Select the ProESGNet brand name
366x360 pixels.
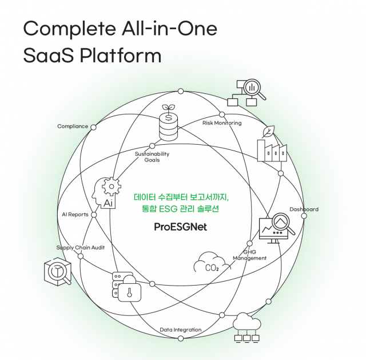[x=180, y=227]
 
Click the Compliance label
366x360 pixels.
[x=73, y=126]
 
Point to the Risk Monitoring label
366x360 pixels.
[x=222, y=123]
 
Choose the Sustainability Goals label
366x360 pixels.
[x=152, y=157]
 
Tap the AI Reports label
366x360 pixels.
[x=75, y=215]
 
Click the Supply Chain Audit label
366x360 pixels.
[x=80, y=247]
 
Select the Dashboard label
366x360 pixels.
[x=304, y=209]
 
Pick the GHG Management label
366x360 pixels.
[x=249, y=255]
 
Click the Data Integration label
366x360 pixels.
[x=180, y=330]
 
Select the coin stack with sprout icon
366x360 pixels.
[x=168, y=124]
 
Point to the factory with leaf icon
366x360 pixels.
[x=271, y=145]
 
